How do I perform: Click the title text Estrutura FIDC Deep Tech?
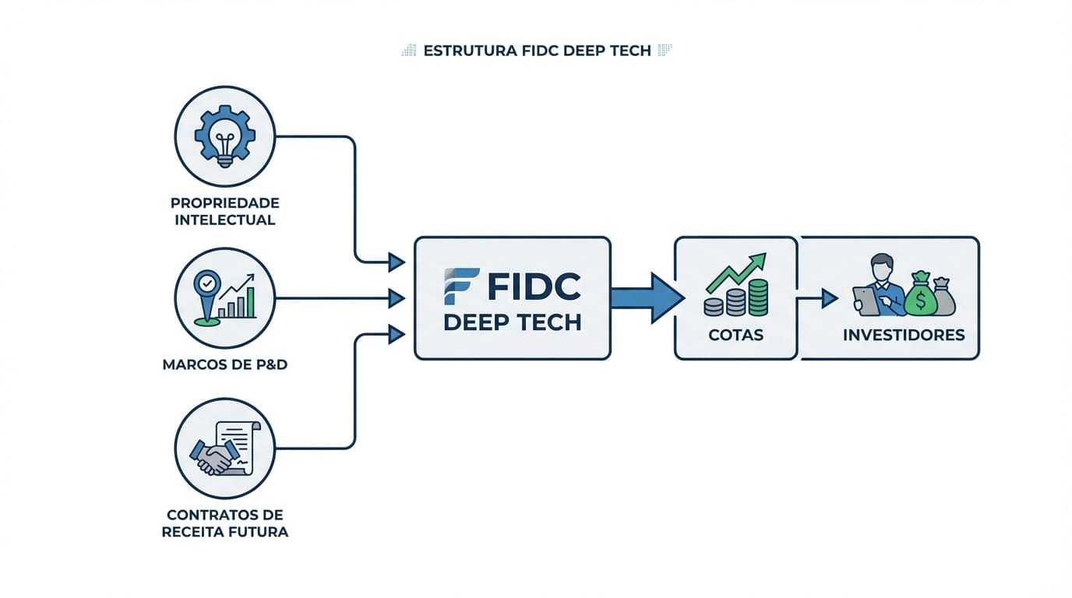coord(536,51)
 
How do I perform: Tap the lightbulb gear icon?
coord(224,136)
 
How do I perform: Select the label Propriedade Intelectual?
coord(224,211)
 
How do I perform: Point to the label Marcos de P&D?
coord(224,364)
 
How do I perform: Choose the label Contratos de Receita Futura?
coord(224,523)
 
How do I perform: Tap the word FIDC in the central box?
coord(534,287)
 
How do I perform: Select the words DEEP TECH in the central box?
coord(513,322)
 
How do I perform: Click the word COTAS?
coord(735,336)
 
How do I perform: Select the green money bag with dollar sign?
coord(920,297)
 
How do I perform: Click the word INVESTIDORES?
coord(904,336)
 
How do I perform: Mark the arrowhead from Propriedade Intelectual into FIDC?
coord(397,262)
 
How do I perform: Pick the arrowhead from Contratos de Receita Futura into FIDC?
coord(397,335)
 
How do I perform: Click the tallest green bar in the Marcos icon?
coord(249,303)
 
